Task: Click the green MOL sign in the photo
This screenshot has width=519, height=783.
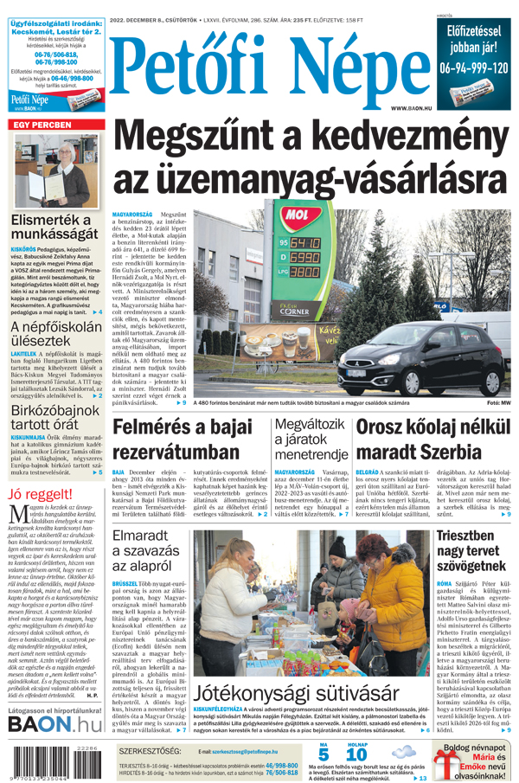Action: (x=299, y=214)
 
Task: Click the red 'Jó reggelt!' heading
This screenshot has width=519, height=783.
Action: (x=40, y=494)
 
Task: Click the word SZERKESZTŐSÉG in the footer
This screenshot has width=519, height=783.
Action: (x=151, y=751)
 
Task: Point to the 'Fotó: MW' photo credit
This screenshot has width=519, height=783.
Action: (x=498, y=403)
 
